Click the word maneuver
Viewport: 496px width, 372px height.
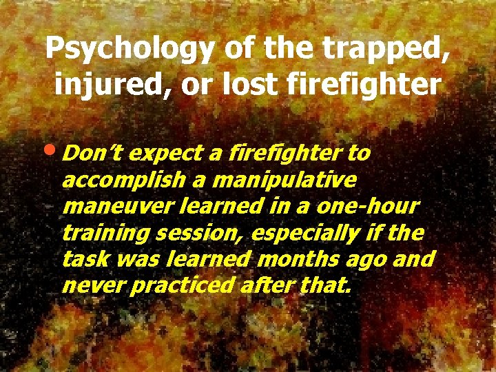[x=107, y=206]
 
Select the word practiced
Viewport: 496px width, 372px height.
[x=183, y=285]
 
